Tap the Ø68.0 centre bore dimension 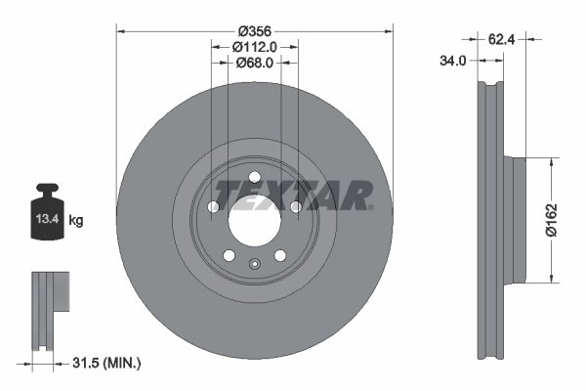pos(254,63)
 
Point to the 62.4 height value pos(499,39)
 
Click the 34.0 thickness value pos(452,61)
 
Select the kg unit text pos(76,221)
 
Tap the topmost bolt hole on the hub pos(254,177)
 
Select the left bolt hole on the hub pos(213,207)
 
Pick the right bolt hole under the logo pos(294,206)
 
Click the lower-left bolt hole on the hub pos(229,255)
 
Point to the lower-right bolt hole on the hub pos(279,255)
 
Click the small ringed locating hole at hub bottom pos(254,263)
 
